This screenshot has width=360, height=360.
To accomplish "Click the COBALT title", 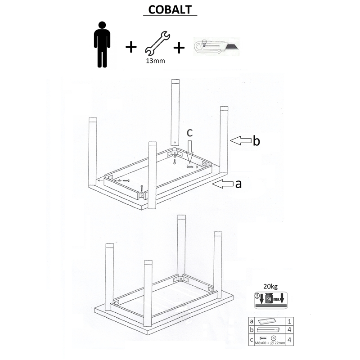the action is (x=170, y=9).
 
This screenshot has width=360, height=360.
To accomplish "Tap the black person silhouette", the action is (x=102, y=45).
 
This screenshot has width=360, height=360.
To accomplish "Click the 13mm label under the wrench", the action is (x=155, y=61).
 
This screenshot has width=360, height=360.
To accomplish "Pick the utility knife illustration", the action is (x=216, y=46).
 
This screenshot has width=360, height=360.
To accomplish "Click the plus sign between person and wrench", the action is (x=131, y=47).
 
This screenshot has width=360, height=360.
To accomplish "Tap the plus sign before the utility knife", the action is (x=179, y=48).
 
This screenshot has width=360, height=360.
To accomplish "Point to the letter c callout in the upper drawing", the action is (x=189, y=133).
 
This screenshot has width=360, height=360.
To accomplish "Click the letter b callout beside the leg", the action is (x=256, y=140).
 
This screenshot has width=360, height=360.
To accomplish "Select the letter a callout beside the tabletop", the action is (x=238, y=184).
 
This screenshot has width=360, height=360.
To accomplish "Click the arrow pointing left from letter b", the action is (x=241, y=140).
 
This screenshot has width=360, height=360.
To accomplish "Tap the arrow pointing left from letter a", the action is (x=223, y=184).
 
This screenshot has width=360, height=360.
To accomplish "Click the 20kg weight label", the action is (x=270, y=287).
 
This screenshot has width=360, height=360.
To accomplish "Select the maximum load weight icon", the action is (x=271, y=300).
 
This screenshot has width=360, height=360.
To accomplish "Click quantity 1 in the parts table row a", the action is (x=289, y=321).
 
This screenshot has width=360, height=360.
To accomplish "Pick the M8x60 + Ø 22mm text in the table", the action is (x=270, y=343).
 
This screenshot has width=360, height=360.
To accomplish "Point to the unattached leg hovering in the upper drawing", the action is (x=175, y=112).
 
